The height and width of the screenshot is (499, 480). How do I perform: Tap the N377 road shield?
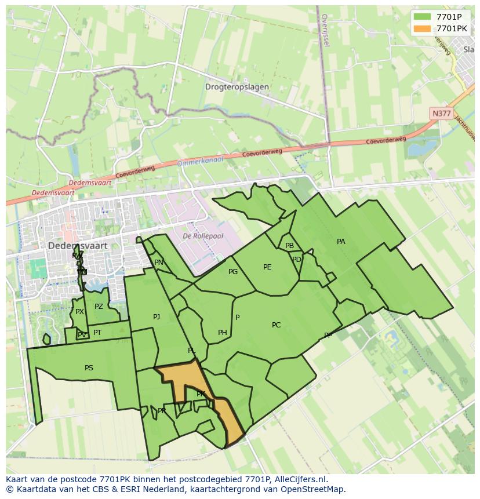click(441, 114)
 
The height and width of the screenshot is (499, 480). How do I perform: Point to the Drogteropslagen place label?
click(237, 87)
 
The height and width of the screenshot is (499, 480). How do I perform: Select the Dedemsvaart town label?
click(78, 246)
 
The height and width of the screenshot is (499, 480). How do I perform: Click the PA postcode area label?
click(341, 242)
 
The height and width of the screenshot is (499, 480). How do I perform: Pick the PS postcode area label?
click(89, 368)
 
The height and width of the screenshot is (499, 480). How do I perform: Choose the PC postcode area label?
click(276, 325)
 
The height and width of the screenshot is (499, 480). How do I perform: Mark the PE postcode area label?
click(267, 267)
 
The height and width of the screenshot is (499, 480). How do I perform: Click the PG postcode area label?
click(233, 272)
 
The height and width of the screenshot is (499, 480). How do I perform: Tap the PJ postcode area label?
click(157, 317)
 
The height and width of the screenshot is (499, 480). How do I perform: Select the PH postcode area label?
click(223, 333)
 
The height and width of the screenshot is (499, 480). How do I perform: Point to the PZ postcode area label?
click(99, 307)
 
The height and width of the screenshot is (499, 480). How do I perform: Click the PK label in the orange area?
click(201, 394)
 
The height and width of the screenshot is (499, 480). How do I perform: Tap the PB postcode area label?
click(289, 246)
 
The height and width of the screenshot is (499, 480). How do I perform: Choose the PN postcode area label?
click(159, 263)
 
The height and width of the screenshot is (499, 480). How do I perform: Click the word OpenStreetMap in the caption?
click(314, 489)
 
